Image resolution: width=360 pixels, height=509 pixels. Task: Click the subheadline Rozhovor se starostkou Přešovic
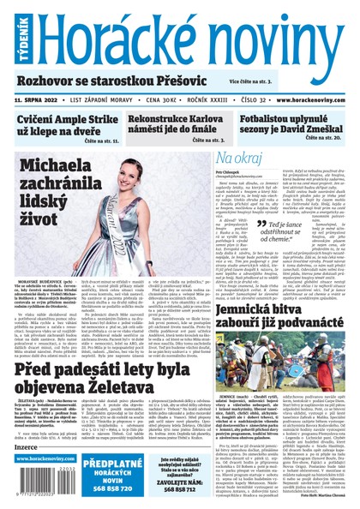tap(107, 79)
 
